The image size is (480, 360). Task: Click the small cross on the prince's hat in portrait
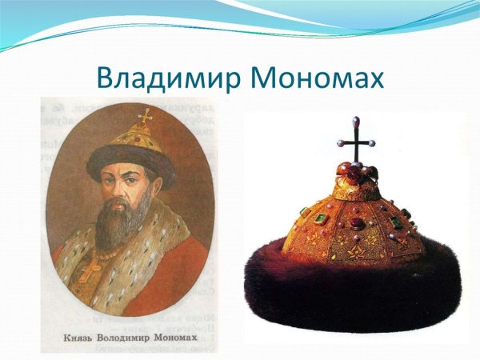point(146,114)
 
